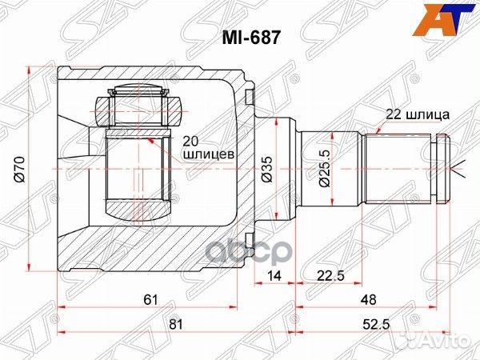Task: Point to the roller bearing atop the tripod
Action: [140, 104]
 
